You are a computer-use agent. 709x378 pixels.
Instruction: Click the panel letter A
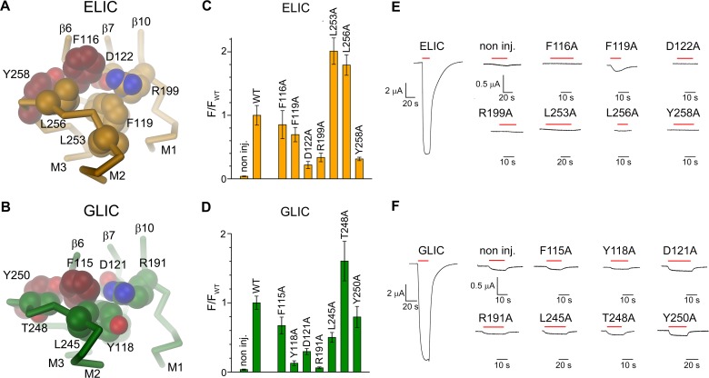coord(6,7)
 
